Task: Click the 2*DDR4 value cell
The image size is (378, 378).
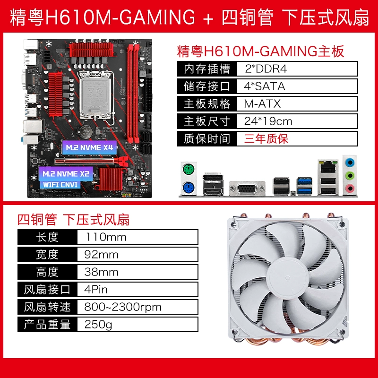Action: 266,69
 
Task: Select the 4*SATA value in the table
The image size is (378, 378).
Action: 265,86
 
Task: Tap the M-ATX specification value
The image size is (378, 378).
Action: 262,104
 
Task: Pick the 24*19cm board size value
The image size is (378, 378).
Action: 268,121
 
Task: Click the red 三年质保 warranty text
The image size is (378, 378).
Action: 266,139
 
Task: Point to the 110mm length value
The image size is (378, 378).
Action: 106,237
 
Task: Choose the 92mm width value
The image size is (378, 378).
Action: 101,255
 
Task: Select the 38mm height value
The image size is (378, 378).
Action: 101,272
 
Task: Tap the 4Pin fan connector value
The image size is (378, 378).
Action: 96,290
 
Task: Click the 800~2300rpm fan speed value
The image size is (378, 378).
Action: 123,307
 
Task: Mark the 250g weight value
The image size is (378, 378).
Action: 98,325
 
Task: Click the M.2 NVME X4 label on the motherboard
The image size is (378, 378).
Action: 89,147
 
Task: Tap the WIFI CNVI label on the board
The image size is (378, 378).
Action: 60,185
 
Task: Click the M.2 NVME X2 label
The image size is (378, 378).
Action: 66,174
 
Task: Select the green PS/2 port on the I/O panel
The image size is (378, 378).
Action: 189,169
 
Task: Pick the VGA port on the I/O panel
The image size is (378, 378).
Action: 247,188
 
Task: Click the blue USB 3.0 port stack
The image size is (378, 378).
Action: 305,186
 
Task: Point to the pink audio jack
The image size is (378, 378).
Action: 350,188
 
